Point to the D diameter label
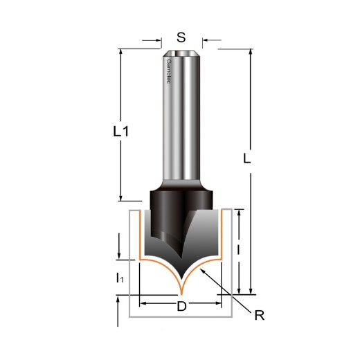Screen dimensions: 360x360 [181, 307]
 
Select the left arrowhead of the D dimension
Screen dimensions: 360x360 [143, 303]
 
